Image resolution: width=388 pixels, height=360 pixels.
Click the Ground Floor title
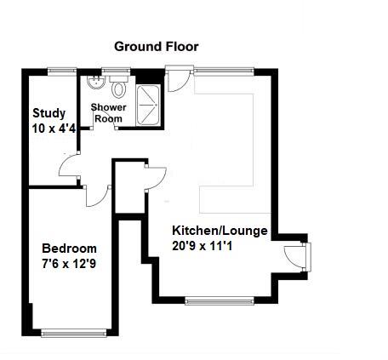tap(157, 46)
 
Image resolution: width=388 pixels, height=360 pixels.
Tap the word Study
tap(48, 113)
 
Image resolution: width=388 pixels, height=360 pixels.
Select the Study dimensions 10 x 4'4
tap(54, 129)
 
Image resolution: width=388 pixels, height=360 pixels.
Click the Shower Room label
tap(108, 112)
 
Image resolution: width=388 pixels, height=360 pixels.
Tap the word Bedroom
tap(70, 248)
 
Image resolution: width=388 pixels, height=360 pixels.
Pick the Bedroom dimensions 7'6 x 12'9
tap(70, 265)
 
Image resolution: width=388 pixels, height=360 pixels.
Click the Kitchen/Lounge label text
tap(220, 231)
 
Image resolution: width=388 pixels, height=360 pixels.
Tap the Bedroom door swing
tap(101, 194)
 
